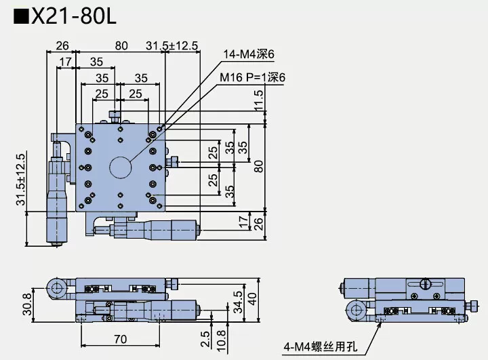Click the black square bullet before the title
[20, 16]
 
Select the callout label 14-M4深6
[249, 55]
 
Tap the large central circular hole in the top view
[121, 166]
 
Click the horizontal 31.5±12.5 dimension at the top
[172, 45]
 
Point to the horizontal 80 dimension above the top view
[121, 45]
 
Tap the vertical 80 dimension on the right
[258, 166]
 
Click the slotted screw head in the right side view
[426, 284]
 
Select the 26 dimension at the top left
[62, 45]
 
